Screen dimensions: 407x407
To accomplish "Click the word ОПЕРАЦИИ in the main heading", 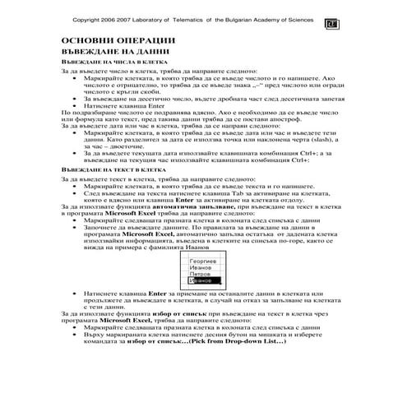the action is coord(140,40).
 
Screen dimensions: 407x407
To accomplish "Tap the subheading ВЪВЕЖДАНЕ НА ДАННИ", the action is coord(109,51).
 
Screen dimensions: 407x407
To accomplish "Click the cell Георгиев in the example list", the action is coord(203,261).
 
